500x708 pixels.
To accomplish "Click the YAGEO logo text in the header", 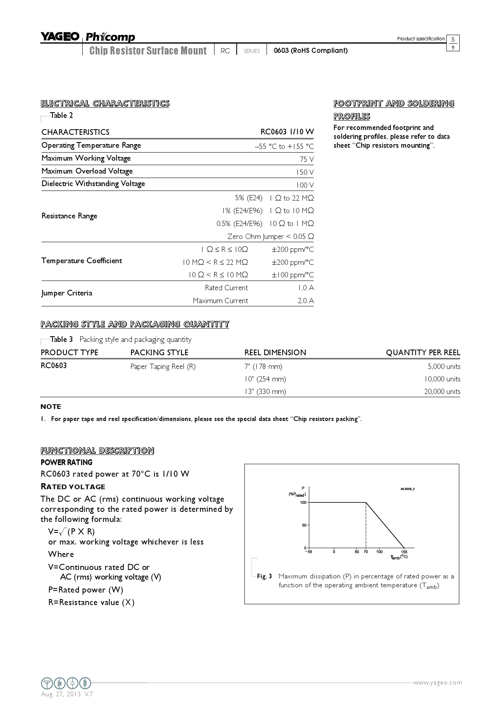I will [x=60, y=37].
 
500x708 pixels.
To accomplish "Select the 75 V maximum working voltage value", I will [x=306, y=159].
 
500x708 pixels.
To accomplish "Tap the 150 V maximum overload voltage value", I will [x=305, y=172].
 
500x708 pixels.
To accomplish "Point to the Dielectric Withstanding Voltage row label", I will [x=93, y=184].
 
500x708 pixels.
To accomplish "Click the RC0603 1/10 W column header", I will [x=287, y=132].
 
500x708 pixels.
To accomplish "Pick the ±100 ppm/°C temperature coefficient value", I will [x=292, y=275].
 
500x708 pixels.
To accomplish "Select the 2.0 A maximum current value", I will [x=306, y=301].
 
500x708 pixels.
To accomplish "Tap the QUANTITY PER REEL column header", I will [x=423, y=352].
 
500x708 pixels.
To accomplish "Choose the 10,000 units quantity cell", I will [x=442, y=379].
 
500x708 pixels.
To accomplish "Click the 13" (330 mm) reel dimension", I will [x=265, y=392].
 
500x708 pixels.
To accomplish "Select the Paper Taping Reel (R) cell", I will [x=163, y=367].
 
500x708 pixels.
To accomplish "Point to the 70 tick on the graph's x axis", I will [x=366, y=552].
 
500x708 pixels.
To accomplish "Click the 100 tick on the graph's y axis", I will [x=303, y=503].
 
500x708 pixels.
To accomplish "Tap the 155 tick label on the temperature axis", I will [x=404, y=552].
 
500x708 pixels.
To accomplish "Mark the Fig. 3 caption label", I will [x=264, y=576].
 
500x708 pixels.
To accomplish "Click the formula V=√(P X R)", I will [x=71, y=532].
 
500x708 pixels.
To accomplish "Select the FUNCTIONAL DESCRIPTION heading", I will [x=97, y=450].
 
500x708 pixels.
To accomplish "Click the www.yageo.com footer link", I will [x=437, y=683].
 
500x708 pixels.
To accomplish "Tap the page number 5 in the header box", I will [x=453, y=40].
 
